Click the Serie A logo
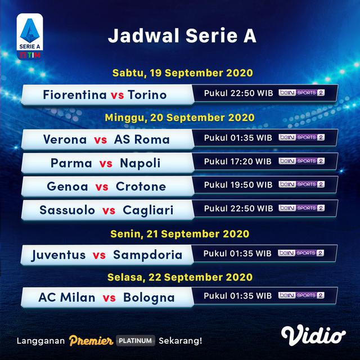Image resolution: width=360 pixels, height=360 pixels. pos(30,37)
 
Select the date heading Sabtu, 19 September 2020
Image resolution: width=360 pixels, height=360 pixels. pos(182,74)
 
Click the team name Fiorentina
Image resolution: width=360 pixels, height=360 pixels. pos(75,94)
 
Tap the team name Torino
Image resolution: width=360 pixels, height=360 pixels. pos(147,94)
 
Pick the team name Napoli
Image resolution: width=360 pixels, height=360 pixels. pos(140,163)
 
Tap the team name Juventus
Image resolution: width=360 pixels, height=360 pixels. pos(59,255)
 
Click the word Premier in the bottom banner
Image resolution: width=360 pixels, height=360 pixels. pos(91,340)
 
